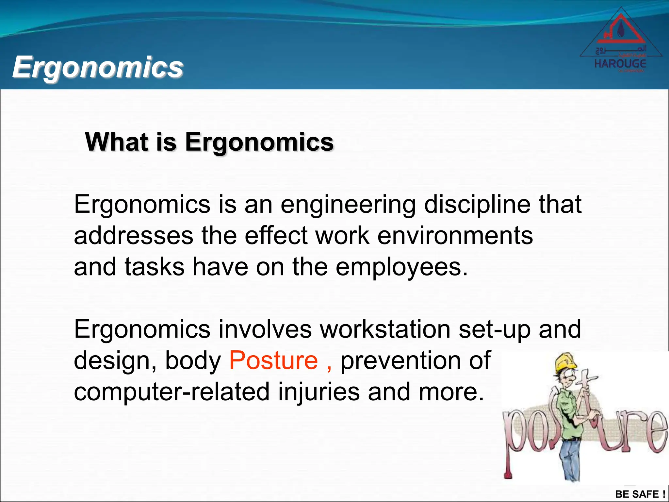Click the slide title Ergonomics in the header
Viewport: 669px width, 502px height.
point(98,67)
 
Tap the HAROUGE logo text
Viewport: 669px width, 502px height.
point(620,63)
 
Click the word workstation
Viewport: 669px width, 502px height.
point(385,329)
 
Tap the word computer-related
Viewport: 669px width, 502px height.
point(172,392)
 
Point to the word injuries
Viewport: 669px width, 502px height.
point(319,392)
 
